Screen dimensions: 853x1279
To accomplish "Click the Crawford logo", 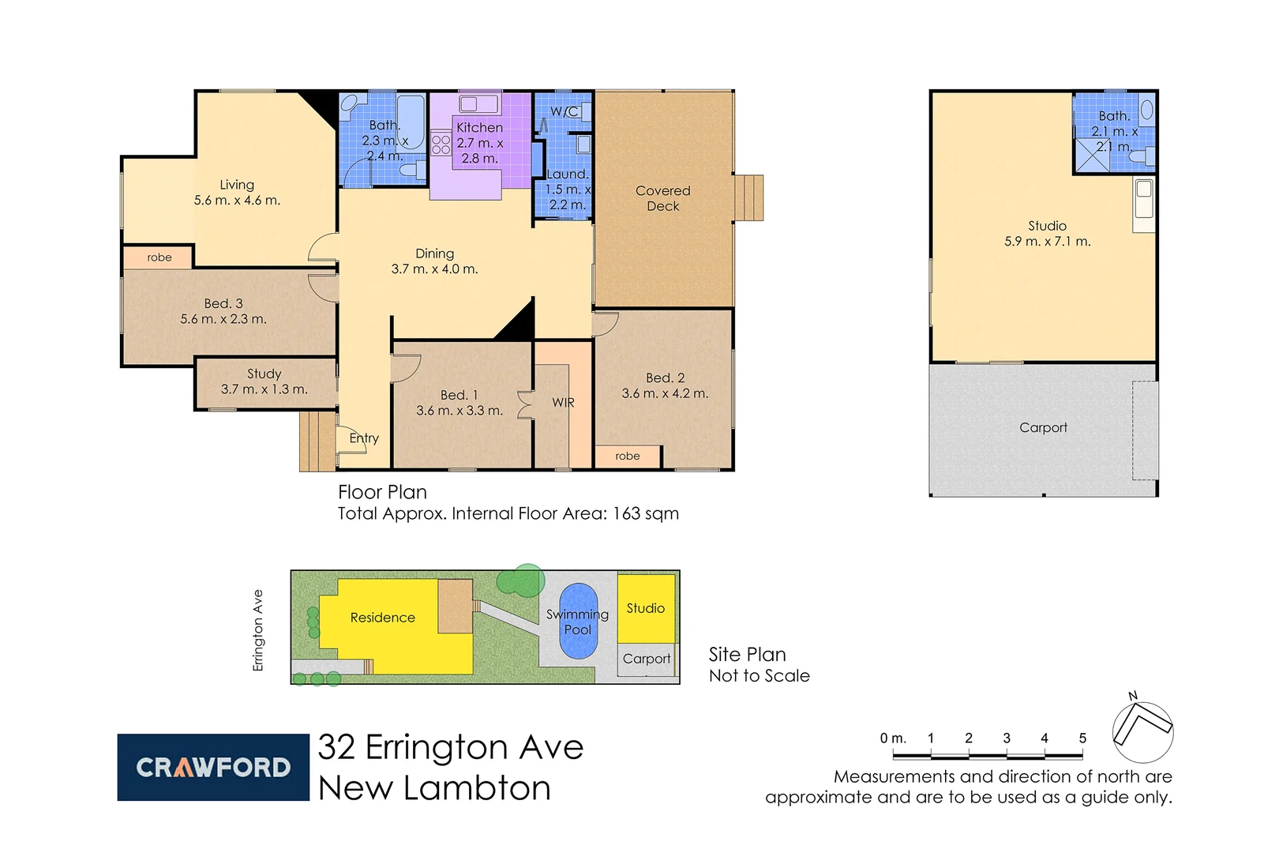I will point(213,767).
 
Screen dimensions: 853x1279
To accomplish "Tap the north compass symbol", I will point(1142,731).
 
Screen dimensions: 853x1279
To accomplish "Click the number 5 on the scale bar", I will point(1082,738).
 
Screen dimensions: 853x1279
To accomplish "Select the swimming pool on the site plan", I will point(578,621).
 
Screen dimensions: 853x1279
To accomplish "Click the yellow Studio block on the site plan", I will point(646,608).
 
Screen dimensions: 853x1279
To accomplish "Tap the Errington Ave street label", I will point(257,630).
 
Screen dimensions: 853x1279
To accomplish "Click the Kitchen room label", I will point(479,127).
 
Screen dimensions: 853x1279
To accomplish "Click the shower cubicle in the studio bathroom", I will point(1092,156).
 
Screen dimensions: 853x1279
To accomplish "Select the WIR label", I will point(563,403).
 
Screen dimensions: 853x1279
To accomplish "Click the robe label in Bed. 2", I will point(628,457).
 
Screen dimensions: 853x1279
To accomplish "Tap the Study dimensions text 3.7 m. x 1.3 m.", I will point(264,389).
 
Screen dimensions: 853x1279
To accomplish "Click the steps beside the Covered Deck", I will point(749,198).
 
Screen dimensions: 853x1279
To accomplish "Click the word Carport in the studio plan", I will point(1043,427).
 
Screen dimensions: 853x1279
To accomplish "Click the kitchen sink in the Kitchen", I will point(478,104).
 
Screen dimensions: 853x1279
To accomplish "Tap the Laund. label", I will point(568,175).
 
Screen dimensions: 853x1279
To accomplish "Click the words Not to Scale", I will point(759,676).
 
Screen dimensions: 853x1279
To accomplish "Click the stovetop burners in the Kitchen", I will point(441,145).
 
